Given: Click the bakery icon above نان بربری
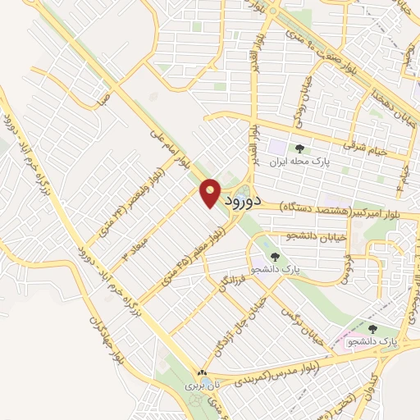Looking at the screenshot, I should pyautogui.click(x=203, y=372).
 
